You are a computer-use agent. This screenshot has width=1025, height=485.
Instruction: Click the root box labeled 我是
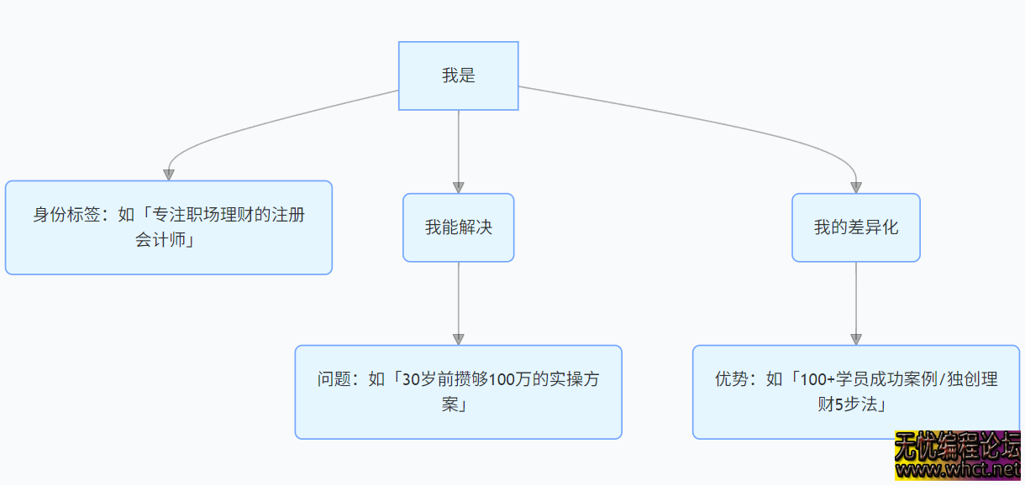458,76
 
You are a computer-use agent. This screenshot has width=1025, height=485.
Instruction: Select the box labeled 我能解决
458,227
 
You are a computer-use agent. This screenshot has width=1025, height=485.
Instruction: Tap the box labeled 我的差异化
855,227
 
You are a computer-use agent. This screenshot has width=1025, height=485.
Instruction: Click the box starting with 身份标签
168,227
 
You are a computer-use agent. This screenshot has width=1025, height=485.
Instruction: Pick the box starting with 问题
458,392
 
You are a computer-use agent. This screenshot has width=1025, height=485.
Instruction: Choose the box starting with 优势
855,392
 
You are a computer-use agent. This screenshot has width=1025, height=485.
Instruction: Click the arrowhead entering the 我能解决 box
458,187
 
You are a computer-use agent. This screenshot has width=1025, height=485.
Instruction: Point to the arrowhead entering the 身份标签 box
168,174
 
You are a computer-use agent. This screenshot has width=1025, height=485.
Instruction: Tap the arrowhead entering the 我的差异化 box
855,187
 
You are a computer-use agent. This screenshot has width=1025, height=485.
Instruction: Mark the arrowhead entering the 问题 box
458,338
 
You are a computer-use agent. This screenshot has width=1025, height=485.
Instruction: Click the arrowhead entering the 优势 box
855,338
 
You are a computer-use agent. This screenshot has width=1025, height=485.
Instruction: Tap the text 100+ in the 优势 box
816,379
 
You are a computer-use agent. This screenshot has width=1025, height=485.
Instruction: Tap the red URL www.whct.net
959,472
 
